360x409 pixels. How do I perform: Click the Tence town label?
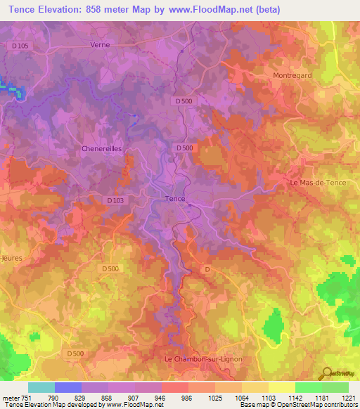pyautogui.click(x=174, y=199)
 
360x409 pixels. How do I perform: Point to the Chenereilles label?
pyautogui.click(x=101, y=149)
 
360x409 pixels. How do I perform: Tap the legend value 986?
pyautogui.click(x=186, y=397)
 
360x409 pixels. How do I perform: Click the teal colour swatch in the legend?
pyautogui.click(x=41, y=387)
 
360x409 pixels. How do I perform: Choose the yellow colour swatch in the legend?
pyautogui.click(x=282, y=387)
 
